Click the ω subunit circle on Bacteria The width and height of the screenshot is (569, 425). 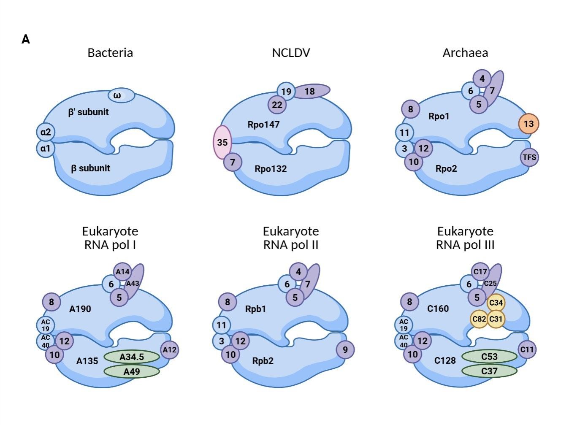pos(121,95)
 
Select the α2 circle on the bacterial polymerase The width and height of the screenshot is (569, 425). pos(46,132)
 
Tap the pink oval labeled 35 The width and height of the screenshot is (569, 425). pos(222,142)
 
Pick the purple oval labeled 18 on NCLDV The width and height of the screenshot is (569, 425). pos(311,91)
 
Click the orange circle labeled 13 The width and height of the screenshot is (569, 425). pos(528,124)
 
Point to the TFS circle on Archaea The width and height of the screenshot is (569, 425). pos(529,157)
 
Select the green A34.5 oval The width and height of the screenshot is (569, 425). pos(132,357)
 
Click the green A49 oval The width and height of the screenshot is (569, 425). pos(132,371)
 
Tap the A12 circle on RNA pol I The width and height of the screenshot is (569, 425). pos(170,349)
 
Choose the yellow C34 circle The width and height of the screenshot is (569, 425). pos(496,303)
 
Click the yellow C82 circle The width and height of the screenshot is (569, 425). pos(479,319)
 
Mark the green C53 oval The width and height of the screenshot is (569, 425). pos(489,357)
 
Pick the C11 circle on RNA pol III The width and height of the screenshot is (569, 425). pos(527,349)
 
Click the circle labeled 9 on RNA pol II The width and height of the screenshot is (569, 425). pos(345,349)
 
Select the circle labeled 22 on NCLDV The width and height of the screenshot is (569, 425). pos(277,104)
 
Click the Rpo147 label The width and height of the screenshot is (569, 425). pos(264,125)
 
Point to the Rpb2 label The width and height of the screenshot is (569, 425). pos(263,361)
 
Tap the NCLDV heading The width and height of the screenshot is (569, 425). pos(291,53)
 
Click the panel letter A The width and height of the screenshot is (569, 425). pos(26,40)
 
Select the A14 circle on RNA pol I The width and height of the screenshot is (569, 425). pos(122,271)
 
